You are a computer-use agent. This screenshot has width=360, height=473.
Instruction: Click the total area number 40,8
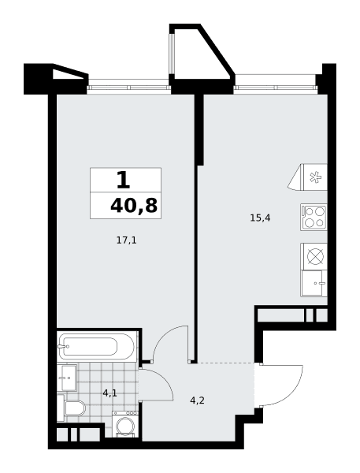pos(134,206)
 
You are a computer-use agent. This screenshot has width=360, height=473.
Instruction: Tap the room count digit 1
pos(123,180)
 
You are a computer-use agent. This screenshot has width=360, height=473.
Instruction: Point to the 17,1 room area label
pos(127,240)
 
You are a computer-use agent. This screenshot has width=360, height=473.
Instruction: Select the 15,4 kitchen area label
pos(260,218)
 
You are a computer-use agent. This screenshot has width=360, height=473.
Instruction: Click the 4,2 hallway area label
pos(198,400)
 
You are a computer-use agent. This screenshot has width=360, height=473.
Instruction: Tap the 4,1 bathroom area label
pos(109,393)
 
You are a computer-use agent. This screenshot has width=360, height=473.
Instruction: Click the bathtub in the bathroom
pos(96,346)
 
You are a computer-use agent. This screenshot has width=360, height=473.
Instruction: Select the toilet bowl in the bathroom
pos(76,408)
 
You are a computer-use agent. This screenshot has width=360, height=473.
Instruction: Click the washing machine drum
pos(124,425)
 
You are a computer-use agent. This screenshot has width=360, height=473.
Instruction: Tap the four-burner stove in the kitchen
pos(314,218)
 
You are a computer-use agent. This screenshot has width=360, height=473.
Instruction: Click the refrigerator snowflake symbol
pos(315,177)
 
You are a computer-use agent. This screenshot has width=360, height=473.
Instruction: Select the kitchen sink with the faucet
pos(314,283)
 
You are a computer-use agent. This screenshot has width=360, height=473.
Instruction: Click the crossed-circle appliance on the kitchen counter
pos(315,256)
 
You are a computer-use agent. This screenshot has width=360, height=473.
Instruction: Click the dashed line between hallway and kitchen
pos(226,363)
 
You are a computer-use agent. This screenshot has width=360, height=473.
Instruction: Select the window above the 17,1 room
pos(128,88)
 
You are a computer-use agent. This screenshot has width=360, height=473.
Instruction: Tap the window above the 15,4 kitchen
pos(276,88)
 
